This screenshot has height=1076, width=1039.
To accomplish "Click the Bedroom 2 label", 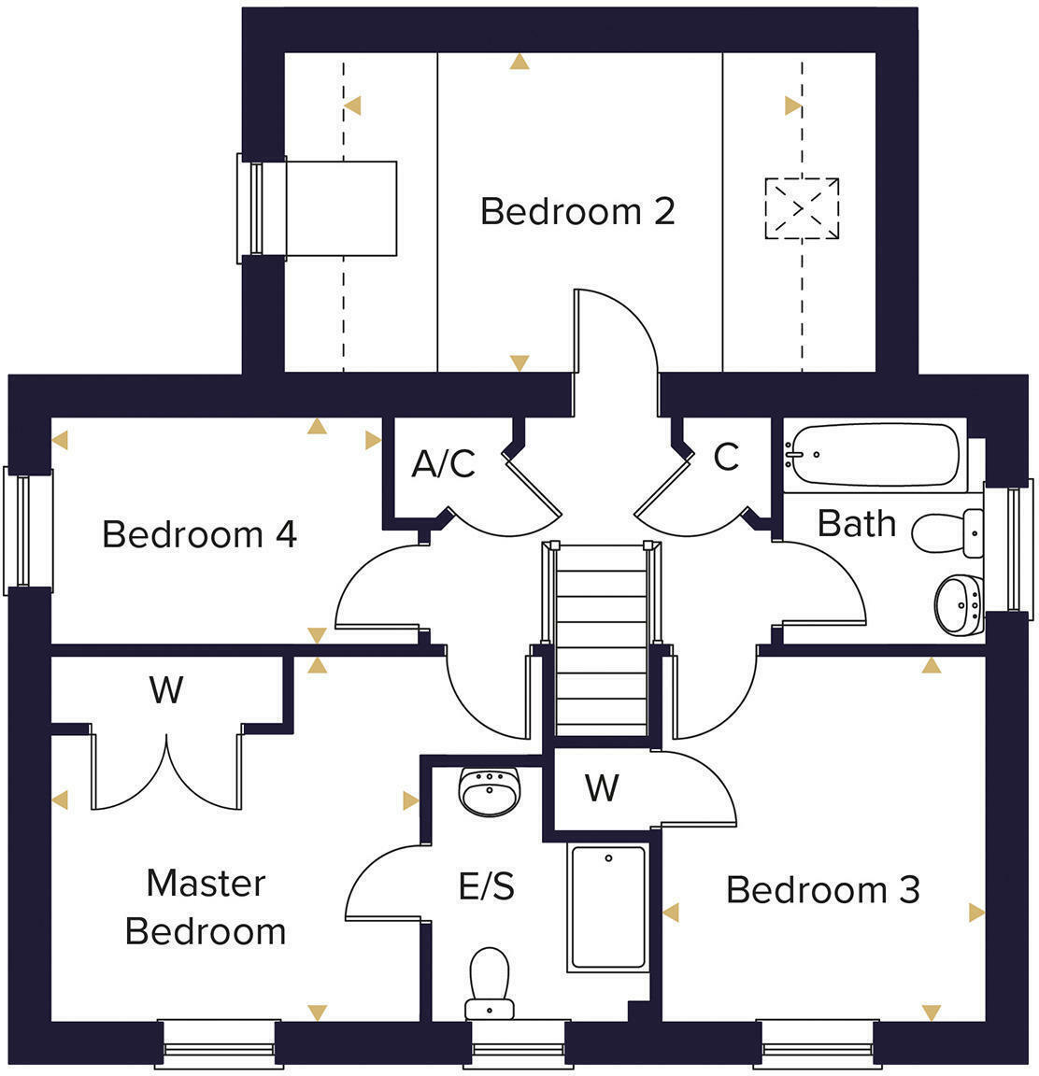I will pos(576,211).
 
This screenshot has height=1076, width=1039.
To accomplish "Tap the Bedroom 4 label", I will pos(199,534).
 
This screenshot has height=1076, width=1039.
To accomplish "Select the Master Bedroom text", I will pos(206,907).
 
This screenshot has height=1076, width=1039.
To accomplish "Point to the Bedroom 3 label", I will pos(822,889).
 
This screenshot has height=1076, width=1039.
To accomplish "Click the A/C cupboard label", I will pos(444,463).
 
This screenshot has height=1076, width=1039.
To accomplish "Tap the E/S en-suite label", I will pos(486,885).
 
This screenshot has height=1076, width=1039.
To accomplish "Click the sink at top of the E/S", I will pos(489,791).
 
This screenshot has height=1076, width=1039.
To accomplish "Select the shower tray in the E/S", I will pos(607,907).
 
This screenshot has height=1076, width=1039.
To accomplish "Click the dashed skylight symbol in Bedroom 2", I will pos(802,209).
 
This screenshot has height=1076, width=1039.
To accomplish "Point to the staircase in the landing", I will pos(601,640).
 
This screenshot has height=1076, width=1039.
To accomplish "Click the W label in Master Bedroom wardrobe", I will pos(166,690).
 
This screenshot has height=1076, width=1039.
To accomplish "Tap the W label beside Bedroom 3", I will pos(602,788).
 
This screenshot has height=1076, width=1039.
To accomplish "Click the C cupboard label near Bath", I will pos(726,457).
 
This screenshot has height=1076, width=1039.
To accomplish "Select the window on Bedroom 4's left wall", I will pos(30,531).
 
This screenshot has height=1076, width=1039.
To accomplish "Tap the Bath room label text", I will pos(856,523).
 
